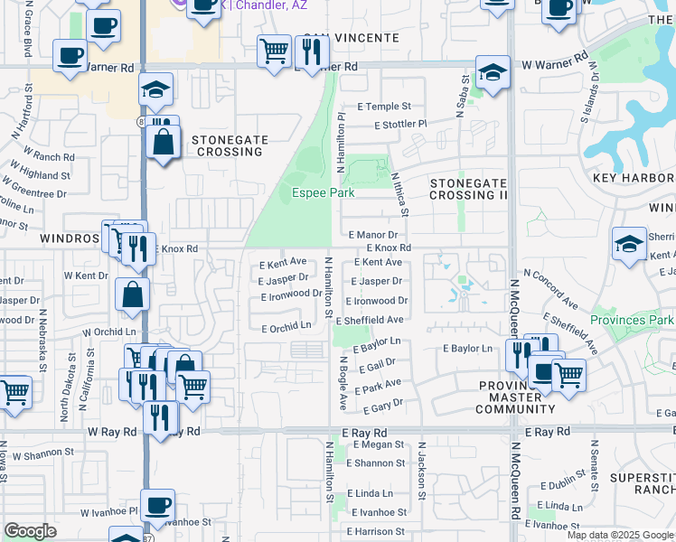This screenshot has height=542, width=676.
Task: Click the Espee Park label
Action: tap(323, 192)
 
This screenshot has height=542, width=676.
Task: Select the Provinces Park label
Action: tap(632, 320)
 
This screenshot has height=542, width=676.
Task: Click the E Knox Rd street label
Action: tap(389, 248)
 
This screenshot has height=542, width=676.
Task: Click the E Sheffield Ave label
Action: tap(370, 321)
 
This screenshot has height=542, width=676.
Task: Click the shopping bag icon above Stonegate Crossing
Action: tap(163, 145)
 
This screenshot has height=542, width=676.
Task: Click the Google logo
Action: tap(31, 531)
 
